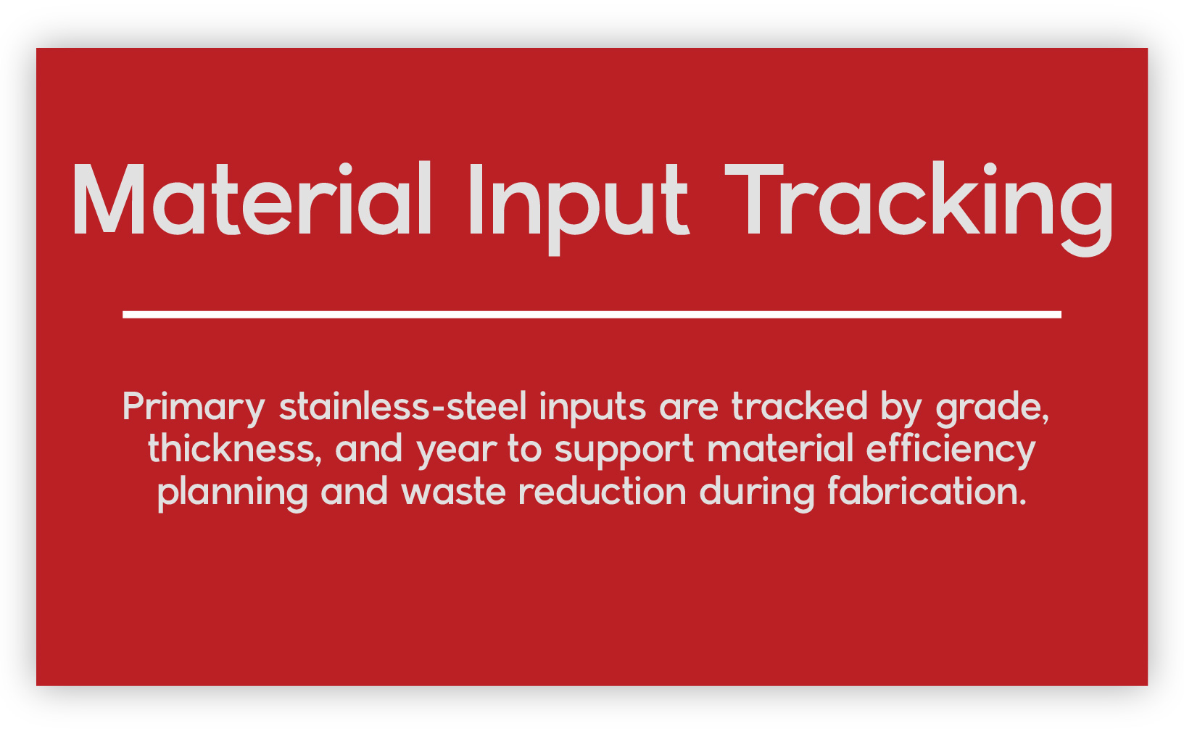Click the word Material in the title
coord(252,198)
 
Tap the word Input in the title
coord(579,208)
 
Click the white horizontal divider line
coord(592,315)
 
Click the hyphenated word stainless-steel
coord(403,406)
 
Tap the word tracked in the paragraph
coord(800,406)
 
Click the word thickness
coord(235,448)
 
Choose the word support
coord(624,451)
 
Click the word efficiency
coord(951,450)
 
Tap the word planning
coord(233,493)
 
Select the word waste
coord(453,492)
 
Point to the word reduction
coord(603,491)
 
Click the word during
coord(757,493)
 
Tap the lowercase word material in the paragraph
coord(780,448)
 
